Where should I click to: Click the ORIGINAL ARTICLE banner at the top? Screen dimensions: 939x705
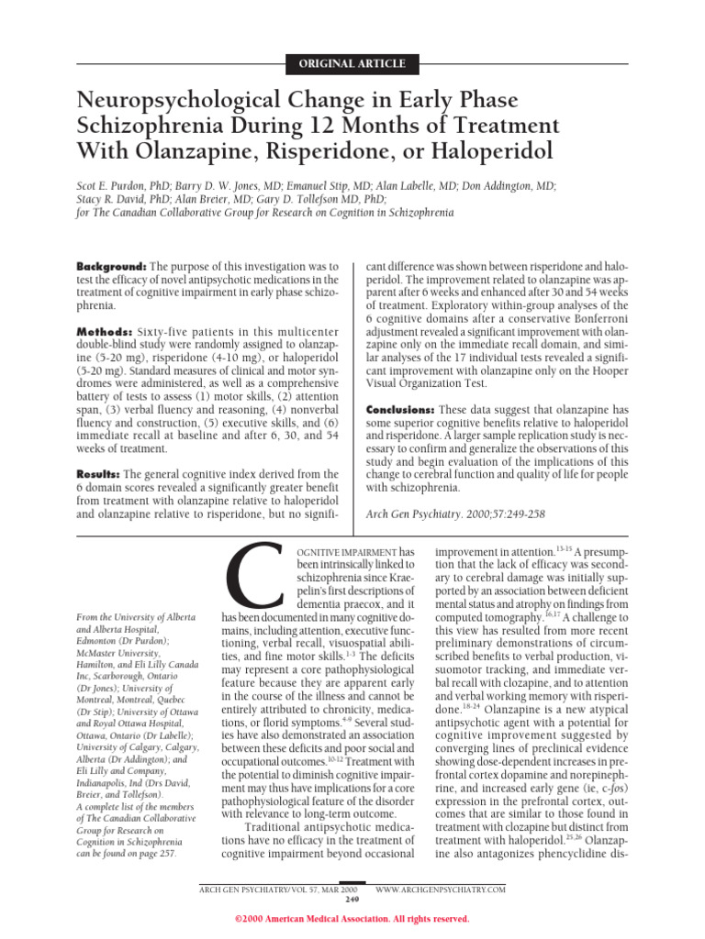pyautogui.click(x=352, y=64)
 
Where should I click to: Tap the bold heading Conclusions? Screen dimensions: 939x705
pyautogui.click(x=400, y=409)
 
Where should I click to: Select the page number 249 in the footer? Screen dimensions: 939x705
pyautogui.click(x=352, y=899)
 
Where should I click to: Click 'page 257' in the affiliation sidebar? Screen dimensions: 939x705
pyautogui.click(x=159, y=827)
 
